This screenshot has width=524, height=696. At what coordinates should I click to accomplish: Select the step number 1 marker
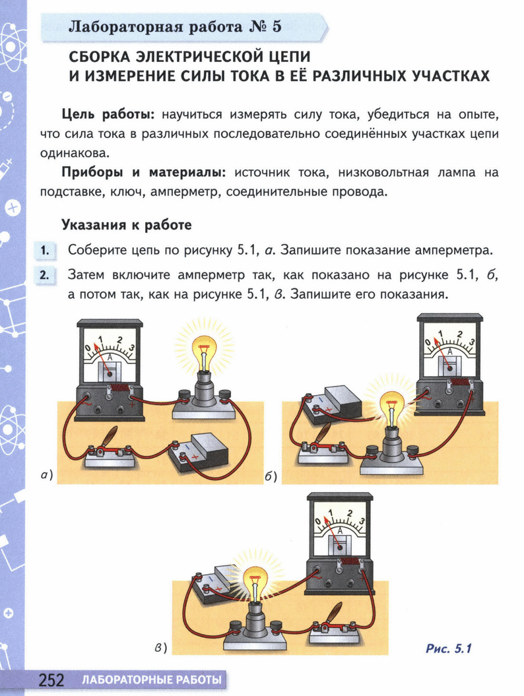click(44, 251)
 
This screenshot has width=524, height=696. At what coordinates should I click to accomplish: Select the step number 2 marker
click(44, 275)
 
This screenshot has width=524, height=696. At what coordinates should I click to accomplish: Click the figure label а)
click(46, 476)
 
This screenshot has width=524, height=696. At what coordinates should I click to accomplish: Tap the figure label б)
click(271, 476)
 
